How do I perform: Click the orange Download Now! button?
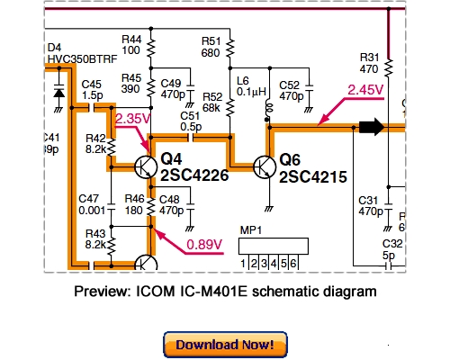(226, 345)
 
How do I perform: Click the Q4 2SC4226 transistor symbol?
(144, 166)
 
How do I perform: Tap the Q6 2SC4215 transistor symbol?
(265, 166)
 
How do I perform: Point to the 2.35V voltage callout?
(132, 118)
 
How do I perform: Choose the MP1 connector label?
(250, 230)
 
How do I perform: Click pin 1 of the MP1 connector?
(244, 263)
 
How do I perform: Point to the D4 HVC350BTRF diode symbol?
(58, 93)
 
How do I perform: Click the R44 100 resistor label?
(131, 45)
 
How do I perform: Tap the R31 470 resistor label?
(370, 62)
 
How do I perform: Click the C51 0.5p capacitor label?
(190, 121)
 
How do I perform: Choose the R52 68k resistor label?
(212, 102)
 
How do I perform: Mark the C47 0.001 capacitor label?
(88, 203)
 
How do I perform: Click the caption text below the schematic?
(224, 292)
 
